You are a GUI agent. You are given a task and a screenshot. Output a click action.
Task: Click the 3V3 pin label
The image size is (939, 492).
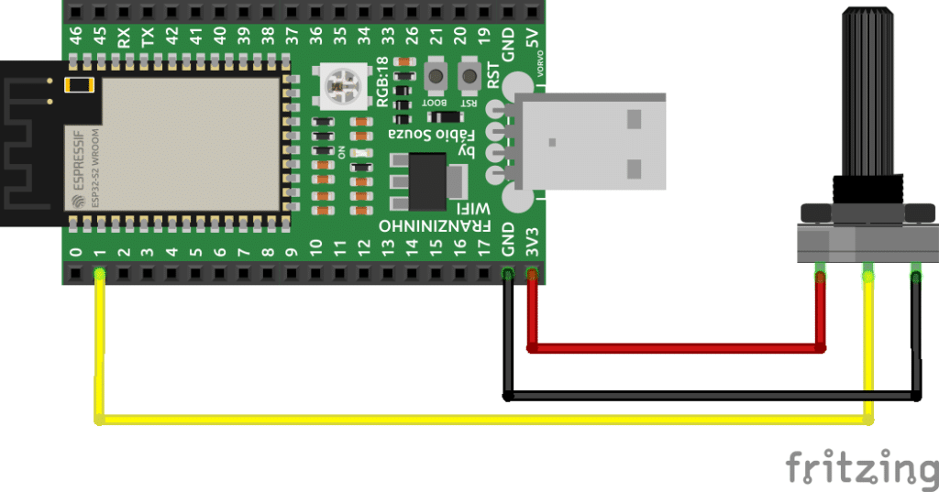point(532,239)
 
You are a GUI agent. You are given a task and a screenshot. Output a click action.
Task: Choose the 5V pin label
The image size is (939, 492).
point(532,38)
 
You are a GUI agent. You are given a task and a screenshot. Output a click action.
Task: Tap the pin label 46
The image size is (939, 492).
point(76,38)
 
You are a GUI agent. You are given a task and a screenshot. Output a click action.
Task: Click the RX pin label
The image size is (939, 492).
point(124,38)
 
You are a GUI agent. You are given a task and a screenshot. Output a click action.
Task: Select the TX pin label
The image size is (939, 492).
point(148,38)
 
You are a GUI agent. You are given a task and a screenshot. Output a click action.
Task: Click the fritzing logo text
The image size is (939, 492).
point(860,465)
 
